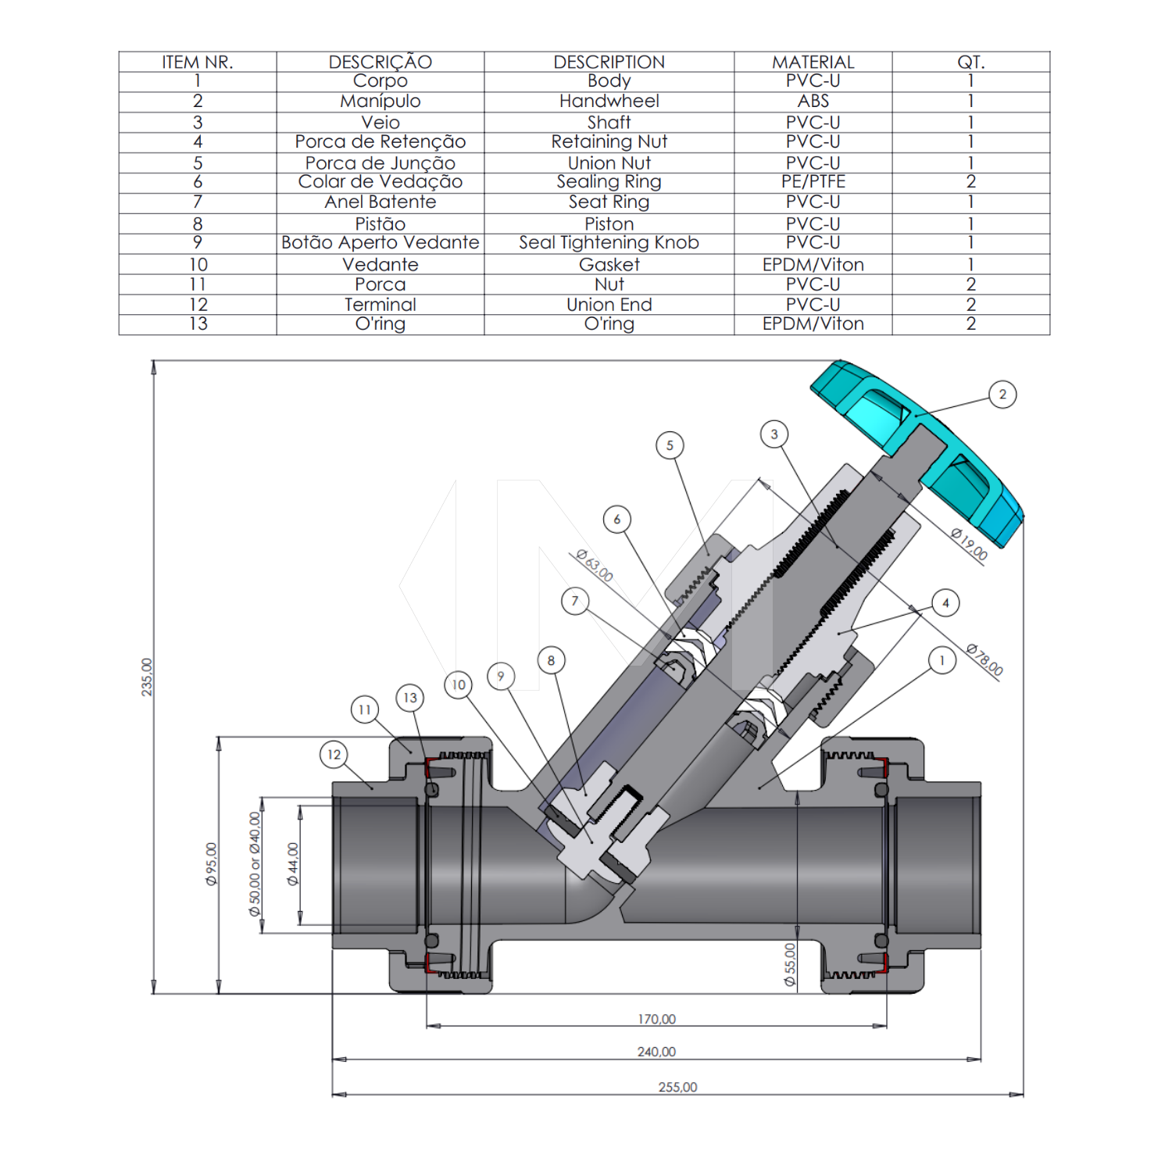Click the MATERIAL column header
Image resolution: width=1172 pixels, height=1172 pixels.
[813, 62]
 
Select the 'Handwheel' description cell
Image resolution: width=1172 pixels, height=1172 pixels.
[609, 101]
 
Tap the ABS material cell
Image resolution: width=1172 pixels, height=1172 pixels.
[813, 101]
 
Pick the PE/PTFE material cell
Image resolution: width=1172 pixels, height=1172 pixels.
[813, 181]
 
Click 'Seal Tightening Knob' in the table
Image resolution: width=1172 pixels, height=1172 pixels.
[609, 242]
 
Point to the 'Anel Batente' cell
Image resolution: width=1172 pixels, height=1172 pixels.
[381, 202]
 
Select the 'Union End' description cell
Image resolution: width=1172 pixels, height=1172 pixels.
[609, 304]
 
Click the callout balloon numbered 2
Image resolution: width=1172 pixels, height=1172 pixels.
[1002, 395]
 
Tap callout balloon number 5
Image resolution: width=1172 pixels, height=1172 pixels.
[670, 445]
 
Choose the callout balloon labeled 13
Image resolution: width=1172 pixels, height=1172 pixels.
[410, 698]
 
